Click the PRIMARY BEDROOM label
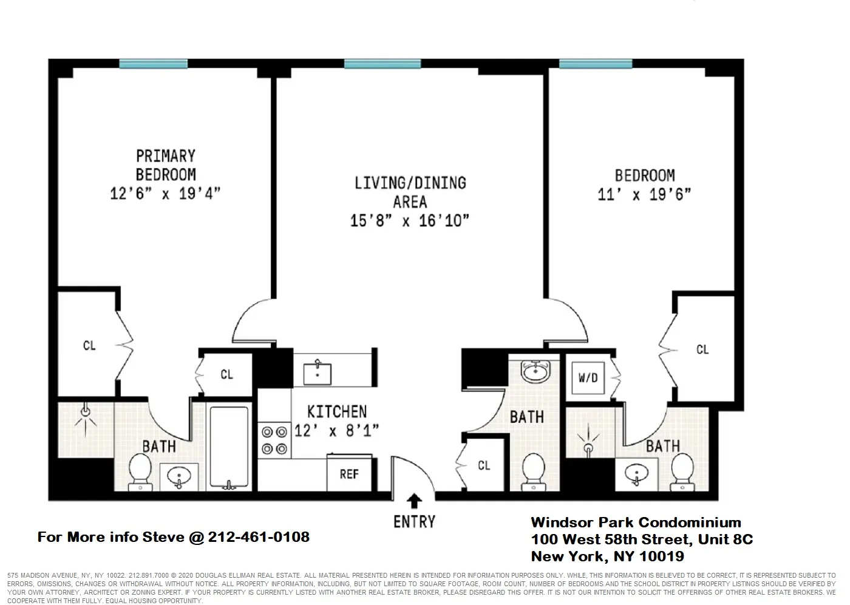(x=165, y=165)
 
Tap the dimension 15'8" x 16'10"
(x=410, y=221)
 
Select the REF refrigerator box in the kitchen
(x=348, y=474)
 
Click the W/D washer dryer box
(x=587, y=378)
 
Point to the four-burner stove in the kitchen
(x=273, y=441)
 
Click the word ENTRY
(x=414, y=521)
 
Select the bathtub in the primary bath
(x=229, y=447)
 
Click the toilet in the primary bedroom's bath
(x=140, y=472)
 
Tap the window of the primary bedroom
(x=153, y=64)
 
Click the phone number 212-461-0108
(x=259, y=537)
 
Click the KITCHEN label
(x=337, y=412)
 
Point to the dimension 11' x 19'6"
(x=645, y=195)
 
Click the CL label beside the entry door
(x=483, y=466)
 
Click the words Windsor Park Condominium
(x=636, y=522)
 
